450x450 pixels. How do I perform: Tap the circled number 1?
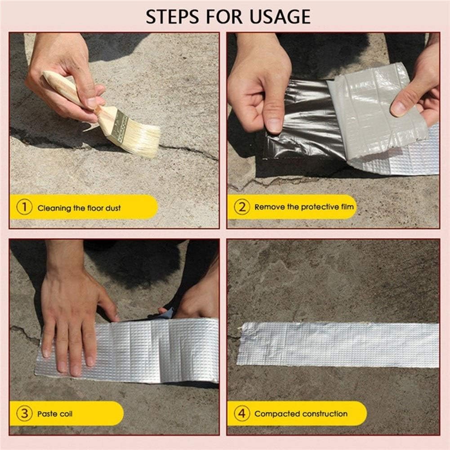(x=25, y=208)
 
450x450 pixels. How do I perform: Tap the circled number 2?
(x=242, y=207)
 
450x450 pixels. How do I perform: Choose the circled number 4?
(x=242, y=413)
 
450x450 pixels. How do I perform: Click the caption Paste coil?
(x=55, y=414)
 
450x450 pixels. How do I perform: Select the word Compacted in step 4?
(x=276, y=414)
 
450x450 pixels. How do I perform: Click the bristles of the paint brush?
(x=143, y=138)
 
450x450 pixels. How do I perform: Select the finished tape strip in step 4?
(x=337, y=344)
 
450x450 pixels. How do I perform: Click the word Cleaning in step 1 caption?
(x=54, y=208)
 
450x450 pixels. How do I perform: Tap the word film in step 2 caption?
(x=347, y=207)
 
